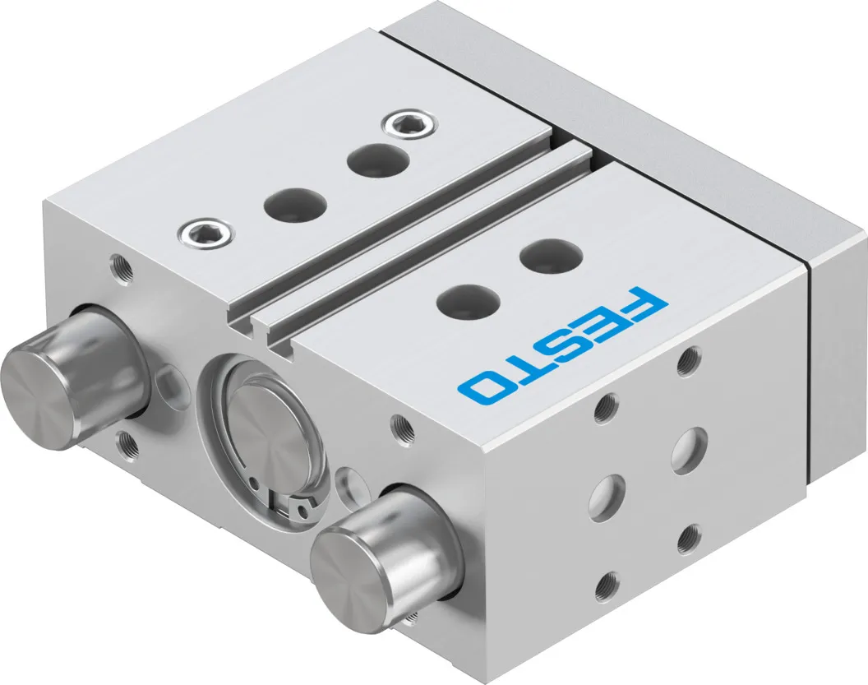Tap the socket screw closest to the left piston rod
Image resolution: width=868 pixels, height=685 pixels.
(205, 231)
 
